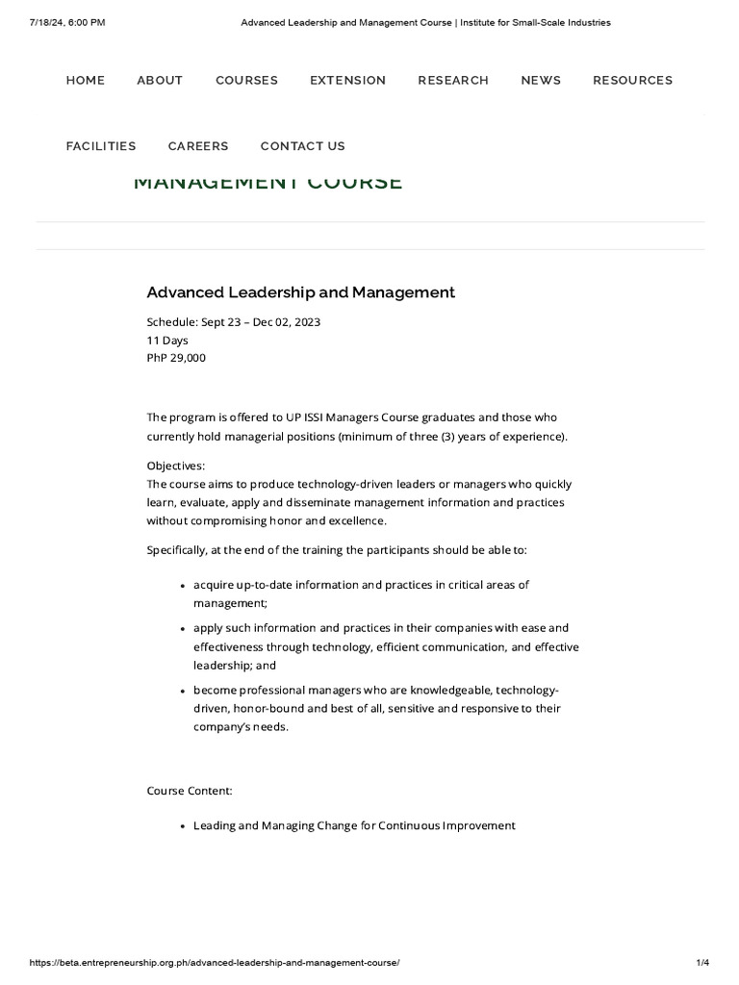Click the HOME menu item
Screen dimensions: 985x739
(86, 81)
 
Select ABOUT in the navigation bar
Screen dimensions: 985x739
(160, 81)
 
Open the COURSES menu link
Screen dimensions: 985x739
(246, 81)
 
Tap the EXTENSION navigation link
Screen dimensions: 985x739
(347, 81)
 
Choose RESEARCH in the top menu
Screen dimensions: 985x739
(453, 81)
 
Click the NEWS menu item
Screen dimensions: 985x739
(541, 81)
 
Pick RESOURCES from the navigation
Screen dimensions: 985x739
(632, 81)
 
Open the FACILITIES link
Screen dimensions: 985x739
(101, 146)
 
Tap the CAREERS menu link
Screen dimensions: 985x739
(198, 146)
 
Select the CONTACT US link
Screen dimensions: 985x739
(302, 146)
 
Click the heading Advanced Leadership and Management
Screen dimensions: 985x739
(300, 292)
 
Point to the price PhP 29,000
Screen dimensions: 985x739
(176, 358)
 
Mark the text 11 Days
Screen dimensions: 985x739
(167, 340)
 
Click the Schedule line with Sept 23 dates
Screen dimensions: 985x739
(233, 321)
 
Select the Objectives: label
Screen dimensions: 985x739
(175, 466)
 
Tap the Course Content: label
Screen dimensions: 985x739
(190, 791)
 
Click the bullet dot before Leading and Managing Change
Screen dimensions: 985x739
(183, 826)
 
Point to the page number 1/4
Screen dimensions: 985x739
(701, 962)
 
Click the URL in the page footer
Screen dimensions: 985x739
(215, 962)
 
